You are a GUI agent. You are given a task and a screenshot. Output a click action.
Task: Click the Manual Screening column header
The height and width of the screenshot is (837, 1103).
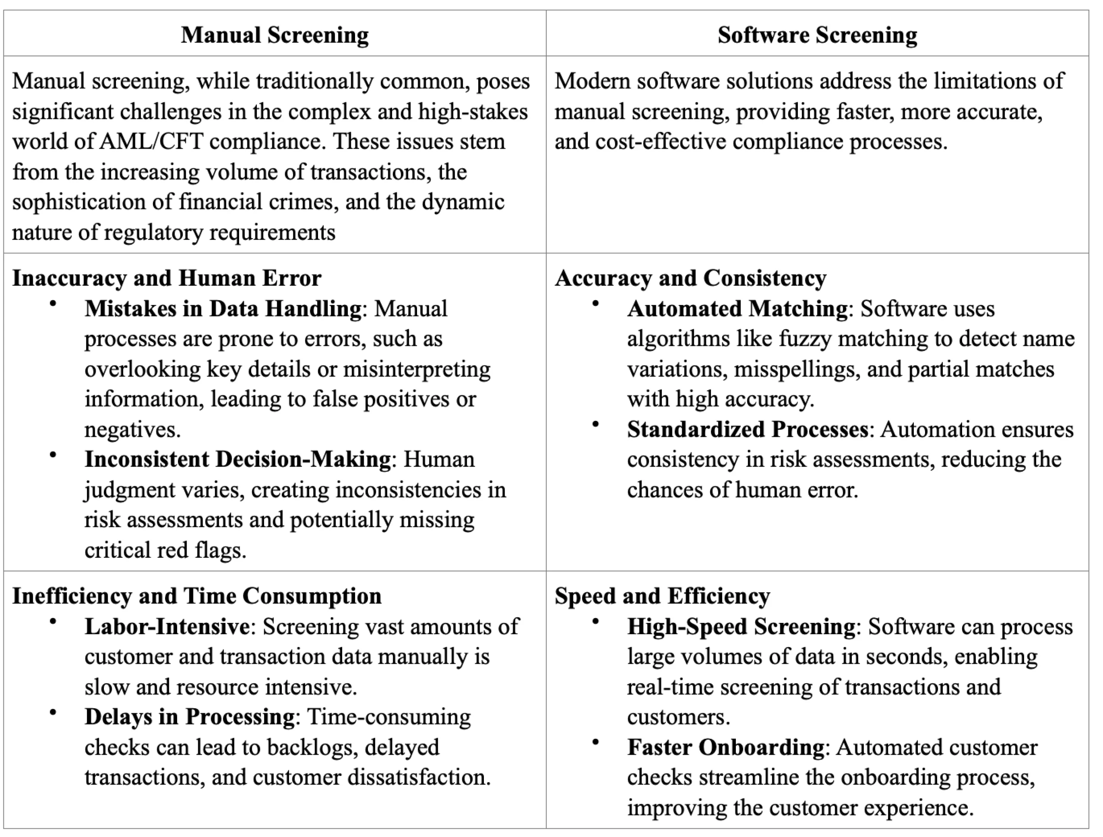tap(275, 35)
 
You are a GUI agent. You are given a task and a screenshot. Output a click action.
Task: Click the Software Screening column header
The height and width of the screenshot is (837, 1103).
tap(817, 35)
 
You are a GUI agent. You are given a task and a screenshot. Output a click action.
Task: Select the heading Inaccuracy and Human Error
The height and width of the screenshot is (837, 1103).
tap(167, 278)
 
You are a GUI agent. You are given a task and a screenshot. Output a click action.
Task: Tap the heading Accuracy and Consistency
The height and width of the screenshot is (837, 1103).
tap(690, 278)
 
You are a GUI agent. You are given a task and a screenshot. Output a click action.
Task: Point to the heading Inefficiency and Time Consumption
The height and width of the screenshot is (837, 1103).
tap(197, 596)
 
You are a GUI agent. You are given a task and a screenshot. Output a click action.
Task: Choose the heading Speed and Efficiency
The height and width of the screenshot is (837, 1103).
tap(662, 596)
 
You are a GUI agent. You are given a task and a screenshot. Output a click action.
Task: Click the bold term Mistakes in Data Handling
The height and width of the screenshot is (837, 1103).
tap(223, 308)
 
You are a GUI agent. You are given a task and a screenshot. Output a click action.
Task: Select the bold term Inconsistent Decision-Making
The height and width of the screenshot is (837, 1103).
tap(238, 459)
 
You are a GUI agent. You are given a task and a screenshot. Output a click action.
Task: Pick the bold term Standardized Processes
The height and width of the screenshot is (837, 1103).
tap(748, 429)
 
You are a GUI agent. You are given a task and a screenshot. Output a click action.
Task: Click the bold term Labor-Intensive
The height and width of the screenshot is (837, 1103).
tap(167, 627)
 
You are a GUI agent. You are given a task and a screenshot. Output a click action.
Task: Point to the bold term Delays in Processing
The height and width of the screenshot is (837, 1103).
tap(190, 717)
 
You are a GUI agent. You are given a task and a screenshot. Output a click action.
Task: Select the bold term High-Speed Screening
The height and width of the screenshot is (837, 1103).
tap(742, 627)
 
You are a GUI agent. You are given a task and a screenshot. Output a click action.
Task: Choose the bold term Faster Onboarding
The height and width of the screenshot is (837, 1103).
tap(726, 747)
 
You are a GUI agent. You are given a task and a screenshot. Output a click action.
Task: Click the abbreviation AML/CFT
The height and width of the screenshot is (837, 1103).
tap(152, 142)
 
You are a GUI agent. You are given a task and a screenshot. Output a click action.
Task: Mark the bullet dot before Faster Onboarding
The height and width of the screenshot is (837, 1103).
tap(595, 742)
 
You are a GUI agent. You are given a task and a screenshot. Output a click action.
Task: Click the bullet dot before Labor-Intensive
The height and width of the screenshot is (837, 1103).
tap(53, 621)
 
